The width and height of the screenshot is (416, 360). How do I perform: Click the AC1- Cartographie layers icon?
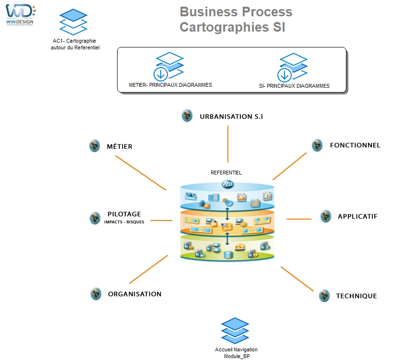point(73,22)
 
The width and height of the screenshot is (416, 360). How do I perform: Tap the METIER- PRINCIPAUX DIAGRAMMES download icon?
point(161,74)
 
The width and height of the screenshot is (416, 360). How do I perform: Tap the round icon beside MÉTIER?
point(95,146)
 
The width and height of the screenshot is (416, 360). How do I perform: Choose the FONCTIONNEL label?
point(355,145)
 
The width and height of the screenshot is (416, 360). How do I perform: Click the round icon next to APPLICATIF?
point(326,216)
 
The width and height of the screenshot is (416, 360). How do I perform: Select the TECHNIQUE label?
point(356,296)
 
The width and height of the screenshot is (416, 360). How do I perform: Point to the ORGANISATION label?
point(134,294)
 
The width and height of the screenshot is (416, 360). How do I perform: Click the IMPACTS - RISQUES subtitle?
point(124,222)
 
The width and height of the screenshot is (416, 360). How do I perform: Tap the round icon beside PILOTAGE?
point(95,218)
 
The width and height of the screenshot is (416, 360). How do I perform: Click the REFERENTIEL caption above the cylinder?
point(226,173)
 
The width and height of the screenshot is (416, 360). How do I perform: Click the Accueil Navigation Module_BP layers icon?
point(235,332)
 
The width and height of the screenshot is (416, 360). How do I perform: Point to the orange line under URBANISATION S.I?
point(228,144)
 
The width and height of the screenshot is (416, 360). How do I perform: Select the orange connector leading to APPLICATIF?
point(298,219)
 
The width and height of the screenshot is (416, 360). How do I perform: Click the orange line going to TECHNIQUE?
point(297,279)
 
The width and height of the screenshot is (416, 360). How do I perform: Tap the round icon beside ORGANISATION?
point(96,294)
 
